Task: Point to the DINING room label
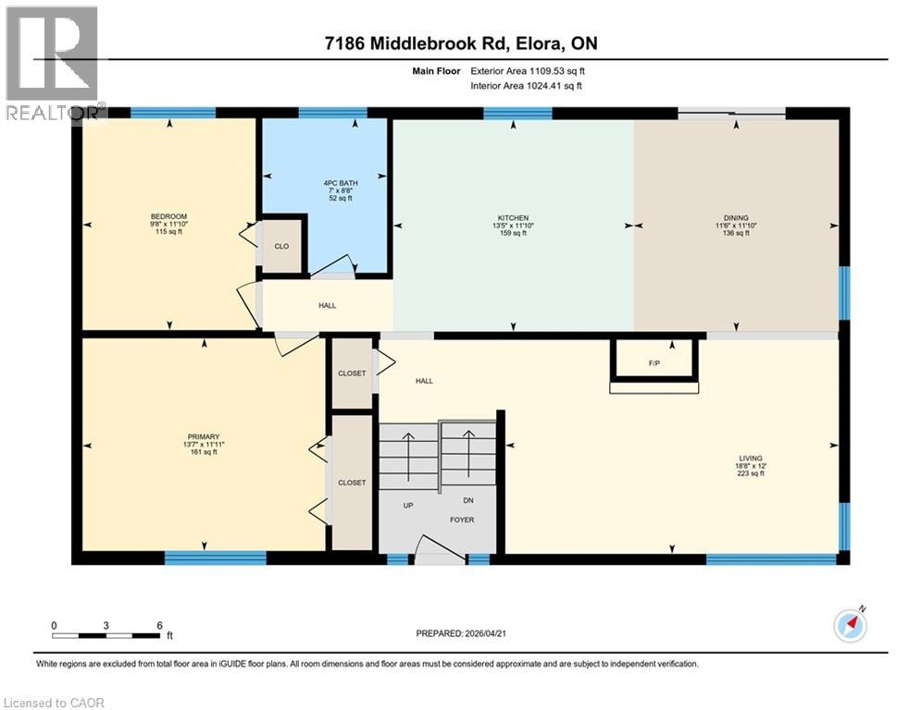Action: [737, 218]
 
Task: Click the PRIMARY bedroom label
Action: [203, 436]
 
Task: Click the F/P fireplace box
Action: [653, 362]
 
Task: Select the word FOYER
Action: [462, 520]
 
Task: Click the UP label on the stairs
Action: [407, 506]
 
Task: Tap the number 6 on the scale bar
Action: [159, 626]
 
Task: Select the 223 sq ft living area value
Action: [750, 473]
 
